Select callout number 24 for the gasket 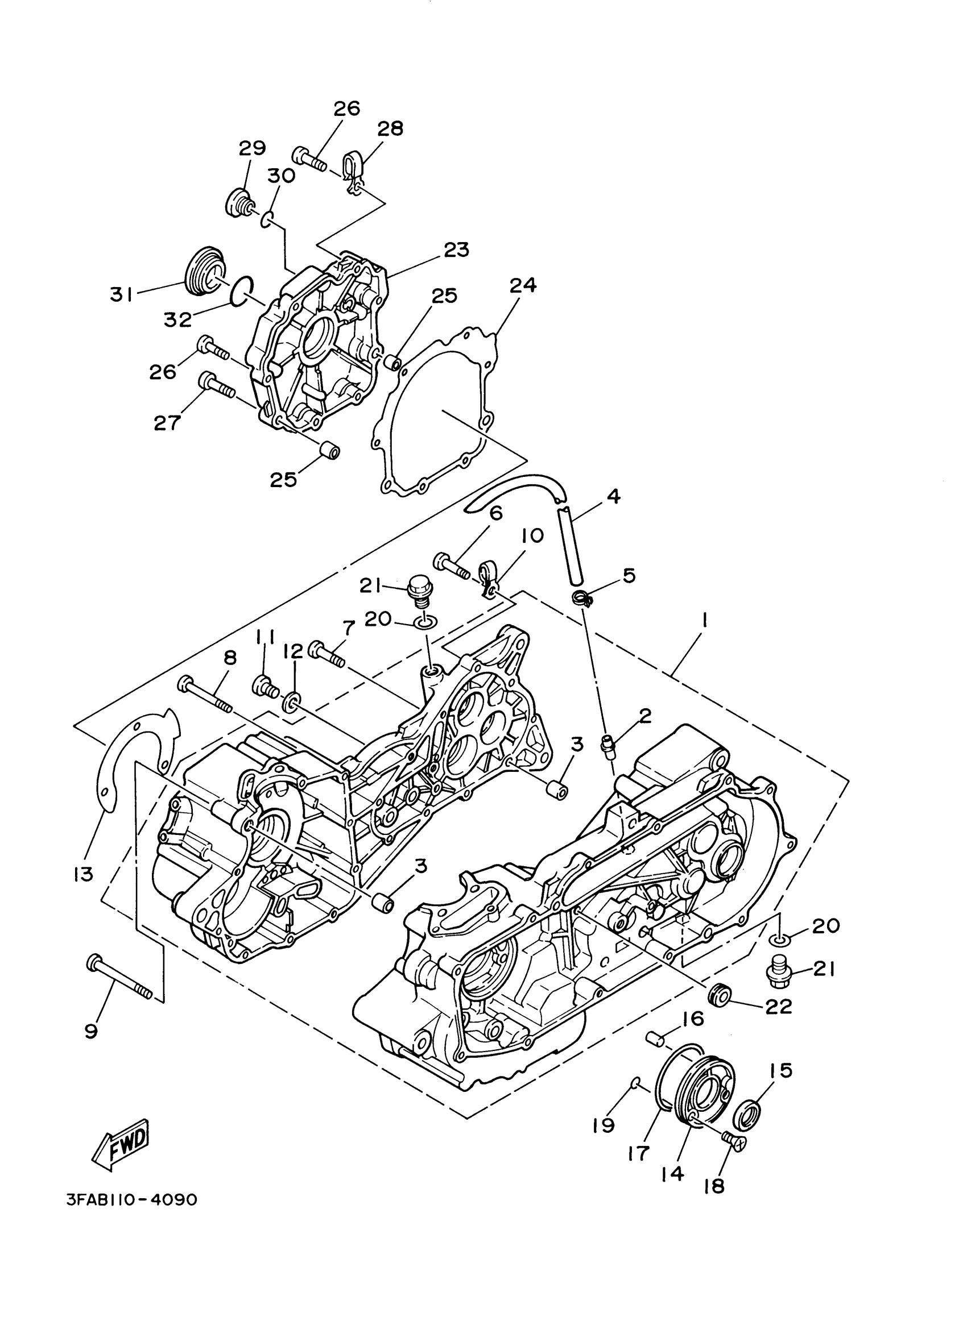coord(523,286)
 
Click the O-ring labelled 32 coord(241,290)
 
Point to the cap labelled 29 coord(239,201)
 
